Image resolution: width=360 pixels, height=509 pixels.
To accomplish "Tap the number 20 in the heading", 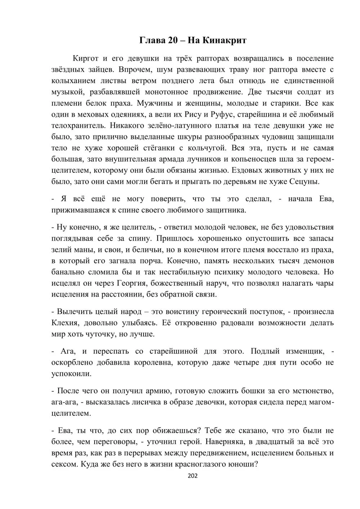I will tap(172, 40).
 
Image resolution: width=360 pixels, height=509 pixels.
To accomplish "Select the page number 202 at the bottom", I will tap(193, 476).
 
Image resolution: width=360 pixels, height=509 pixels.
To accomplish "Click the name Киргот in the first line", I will tap(85, 58).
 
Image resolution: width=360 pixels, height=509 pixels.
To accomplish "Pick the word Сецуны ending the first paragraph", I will tap(304, 181).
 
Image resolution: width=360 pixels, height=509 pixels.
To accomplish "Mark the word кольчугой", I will tap(205, 148).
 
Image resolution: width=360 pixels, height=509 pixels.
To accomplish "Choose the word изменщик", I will tap(303, 351).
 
